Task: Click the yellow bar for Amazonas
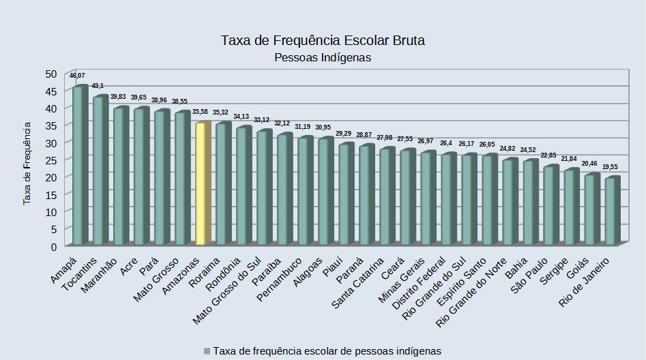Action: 201,183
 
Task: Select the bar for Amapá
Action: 78,165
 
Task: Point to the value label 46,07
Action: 77,76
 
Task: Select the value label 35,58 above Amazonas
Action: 201,112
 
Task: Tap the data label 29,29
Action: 343,134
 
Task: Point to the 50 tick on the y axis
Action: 51,74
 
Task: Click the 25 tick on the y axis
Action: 51,160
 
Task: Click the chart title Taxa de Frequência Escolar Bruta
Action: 323,40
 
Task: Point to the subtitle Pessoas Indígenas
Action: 323,58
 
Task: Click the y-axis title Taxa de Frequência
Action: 28,164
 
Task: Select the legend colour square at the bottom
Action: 206,351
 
